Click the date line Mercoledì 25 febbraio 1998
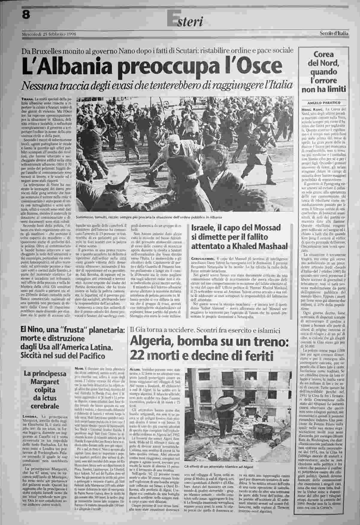[x=49, y=34]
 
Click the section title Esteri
[x=185, y=21]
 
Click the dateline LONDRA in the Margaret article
[x=30, y=416]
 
